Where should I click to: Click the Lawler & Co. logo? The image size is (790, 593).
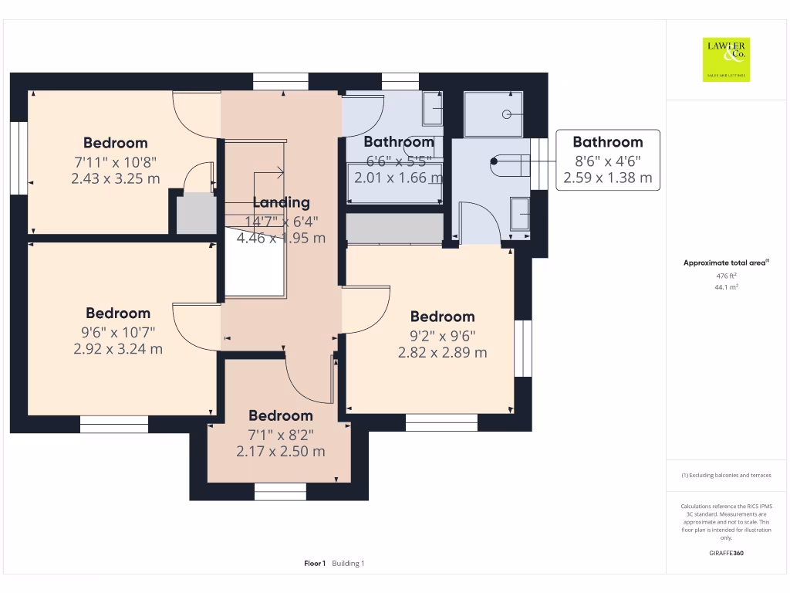(726, 59)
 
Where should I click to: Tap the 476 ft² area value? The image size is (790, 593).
(726, 275)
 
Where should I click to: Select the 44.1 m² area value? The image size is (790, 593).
(726, 286)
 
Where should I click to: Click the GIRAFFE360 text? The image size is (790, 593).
(726, 553)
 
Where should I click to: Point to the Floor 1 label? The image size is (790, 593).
(315, 564)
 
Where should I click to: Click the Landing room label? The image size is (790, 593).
(282, 203)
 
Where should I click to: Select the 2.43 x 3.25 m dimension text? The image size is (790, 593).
(115, 178)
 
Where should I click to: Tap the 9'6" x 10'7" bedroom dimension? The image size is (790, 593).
(118, 332)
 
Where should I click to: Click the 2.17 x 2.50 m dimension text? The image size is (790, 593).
(281, 451)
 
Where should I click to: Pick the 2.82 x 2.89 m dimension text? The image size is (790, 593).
(442, 352)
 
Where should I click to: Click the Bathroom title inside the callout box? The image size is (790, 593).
(607, 142)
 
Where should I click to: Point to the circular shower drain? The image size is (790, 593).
(507, 114)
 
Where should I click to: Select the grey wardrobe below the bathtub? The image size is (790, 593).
(394, 229)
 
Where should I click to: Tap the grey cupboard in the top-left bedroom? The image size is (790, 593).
(197, 214)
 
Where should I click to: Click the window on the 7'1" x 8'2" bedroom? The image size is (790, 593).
(280, 491)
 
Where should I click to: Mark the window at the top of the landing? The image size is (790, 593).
(280, 81)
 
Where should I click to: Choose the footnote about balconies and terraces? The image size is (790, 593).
(726, 476)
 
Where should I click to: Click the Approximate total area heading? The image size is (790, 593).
(726, 263)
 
